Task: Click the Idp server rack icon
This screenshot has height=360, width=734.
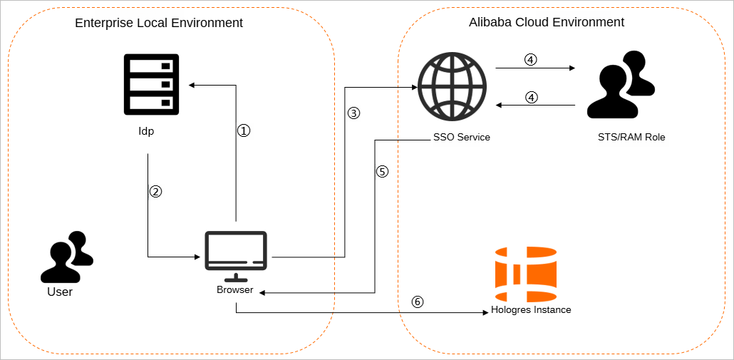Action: click(x=151, y=83)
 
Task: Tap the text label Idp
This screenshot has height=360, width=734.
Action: click(x=146, y=132)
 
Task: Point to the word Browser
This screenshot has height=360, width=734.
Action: click(x=235, y=290)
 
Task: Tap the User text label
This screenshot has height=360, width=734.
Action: click(x=60, y=292)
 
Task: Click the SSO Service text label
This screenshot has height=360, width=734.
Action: click(x=461, y=137)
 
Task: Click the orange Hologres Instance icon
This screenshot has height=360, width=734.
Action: click(x=525, y=274)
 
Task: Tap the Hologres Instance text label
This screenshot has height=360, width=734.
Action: click(x=531, y=310)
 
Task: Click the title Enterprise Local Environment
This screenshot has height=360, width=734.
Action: click(x=159, y=23)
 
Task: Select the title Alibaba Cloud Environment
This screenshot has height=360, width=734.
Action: click(x=547, y=22)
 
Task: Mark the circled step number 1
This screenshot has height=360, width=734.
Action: click(x=244, y=131)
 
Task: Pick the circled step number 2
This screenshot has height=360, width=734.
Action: click(x=156, y=191)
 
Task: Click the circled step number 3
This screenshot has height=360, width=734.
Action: click(x=353, y=113)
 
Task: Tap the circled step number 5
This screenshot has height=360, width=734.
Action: click(x=382, y=171)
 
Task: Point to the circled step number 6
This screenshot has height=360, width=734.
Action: click(x=418, y=302)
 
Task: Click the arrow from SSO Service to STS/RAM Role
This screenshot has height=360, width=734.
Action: click(x=534, y=68)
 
